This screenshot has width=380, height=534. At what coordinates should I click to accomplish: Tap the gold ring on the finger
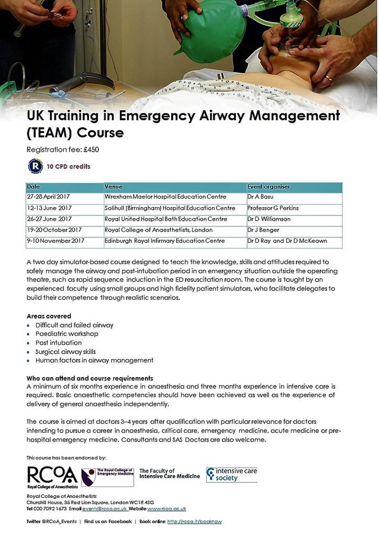click(329, 78)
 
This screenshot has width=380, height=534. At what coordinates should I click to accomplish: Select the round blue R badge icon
click(36, 166)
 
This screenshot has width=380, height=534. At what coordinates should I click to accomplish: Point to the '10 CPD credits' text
click(69, 167)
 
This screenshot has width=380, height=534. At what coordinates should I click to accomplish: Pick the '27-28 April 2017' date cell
click(48, 197)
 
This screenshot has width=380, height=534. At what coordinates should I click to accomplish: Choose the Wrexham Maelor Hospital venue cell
click(165, 197)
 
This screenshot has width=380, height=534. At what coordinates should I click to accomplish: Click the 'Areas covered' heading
click(49, 316)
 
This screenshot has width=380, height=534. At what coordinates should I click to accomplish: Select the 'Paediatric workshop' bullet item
click(67, 334)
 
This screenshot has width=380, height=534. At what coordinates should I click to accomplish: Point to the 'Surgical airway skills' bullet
click(65, 351)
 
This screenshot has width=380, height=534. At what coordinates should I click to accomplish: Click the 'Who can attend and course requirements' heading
click(90, 378)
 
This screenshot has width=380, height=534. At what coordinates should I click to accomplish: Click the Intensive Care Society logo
click(231, 474)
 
